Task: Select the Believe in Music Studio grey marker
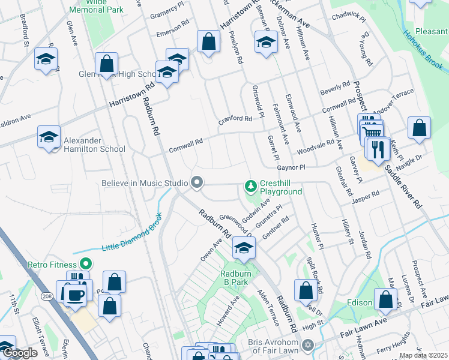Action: click(196, 182)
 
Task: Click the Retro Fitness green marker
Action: click(85, 263)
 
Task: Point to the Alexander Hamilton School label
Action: click(89, 143)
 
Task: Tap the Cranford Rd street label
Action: click(239, 119)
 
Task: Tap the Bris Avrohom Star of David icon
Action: click(309, 346)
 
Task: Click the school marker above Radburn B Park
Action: click(244, 248)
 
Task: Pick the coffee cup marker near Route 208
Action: click(75, 294)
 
